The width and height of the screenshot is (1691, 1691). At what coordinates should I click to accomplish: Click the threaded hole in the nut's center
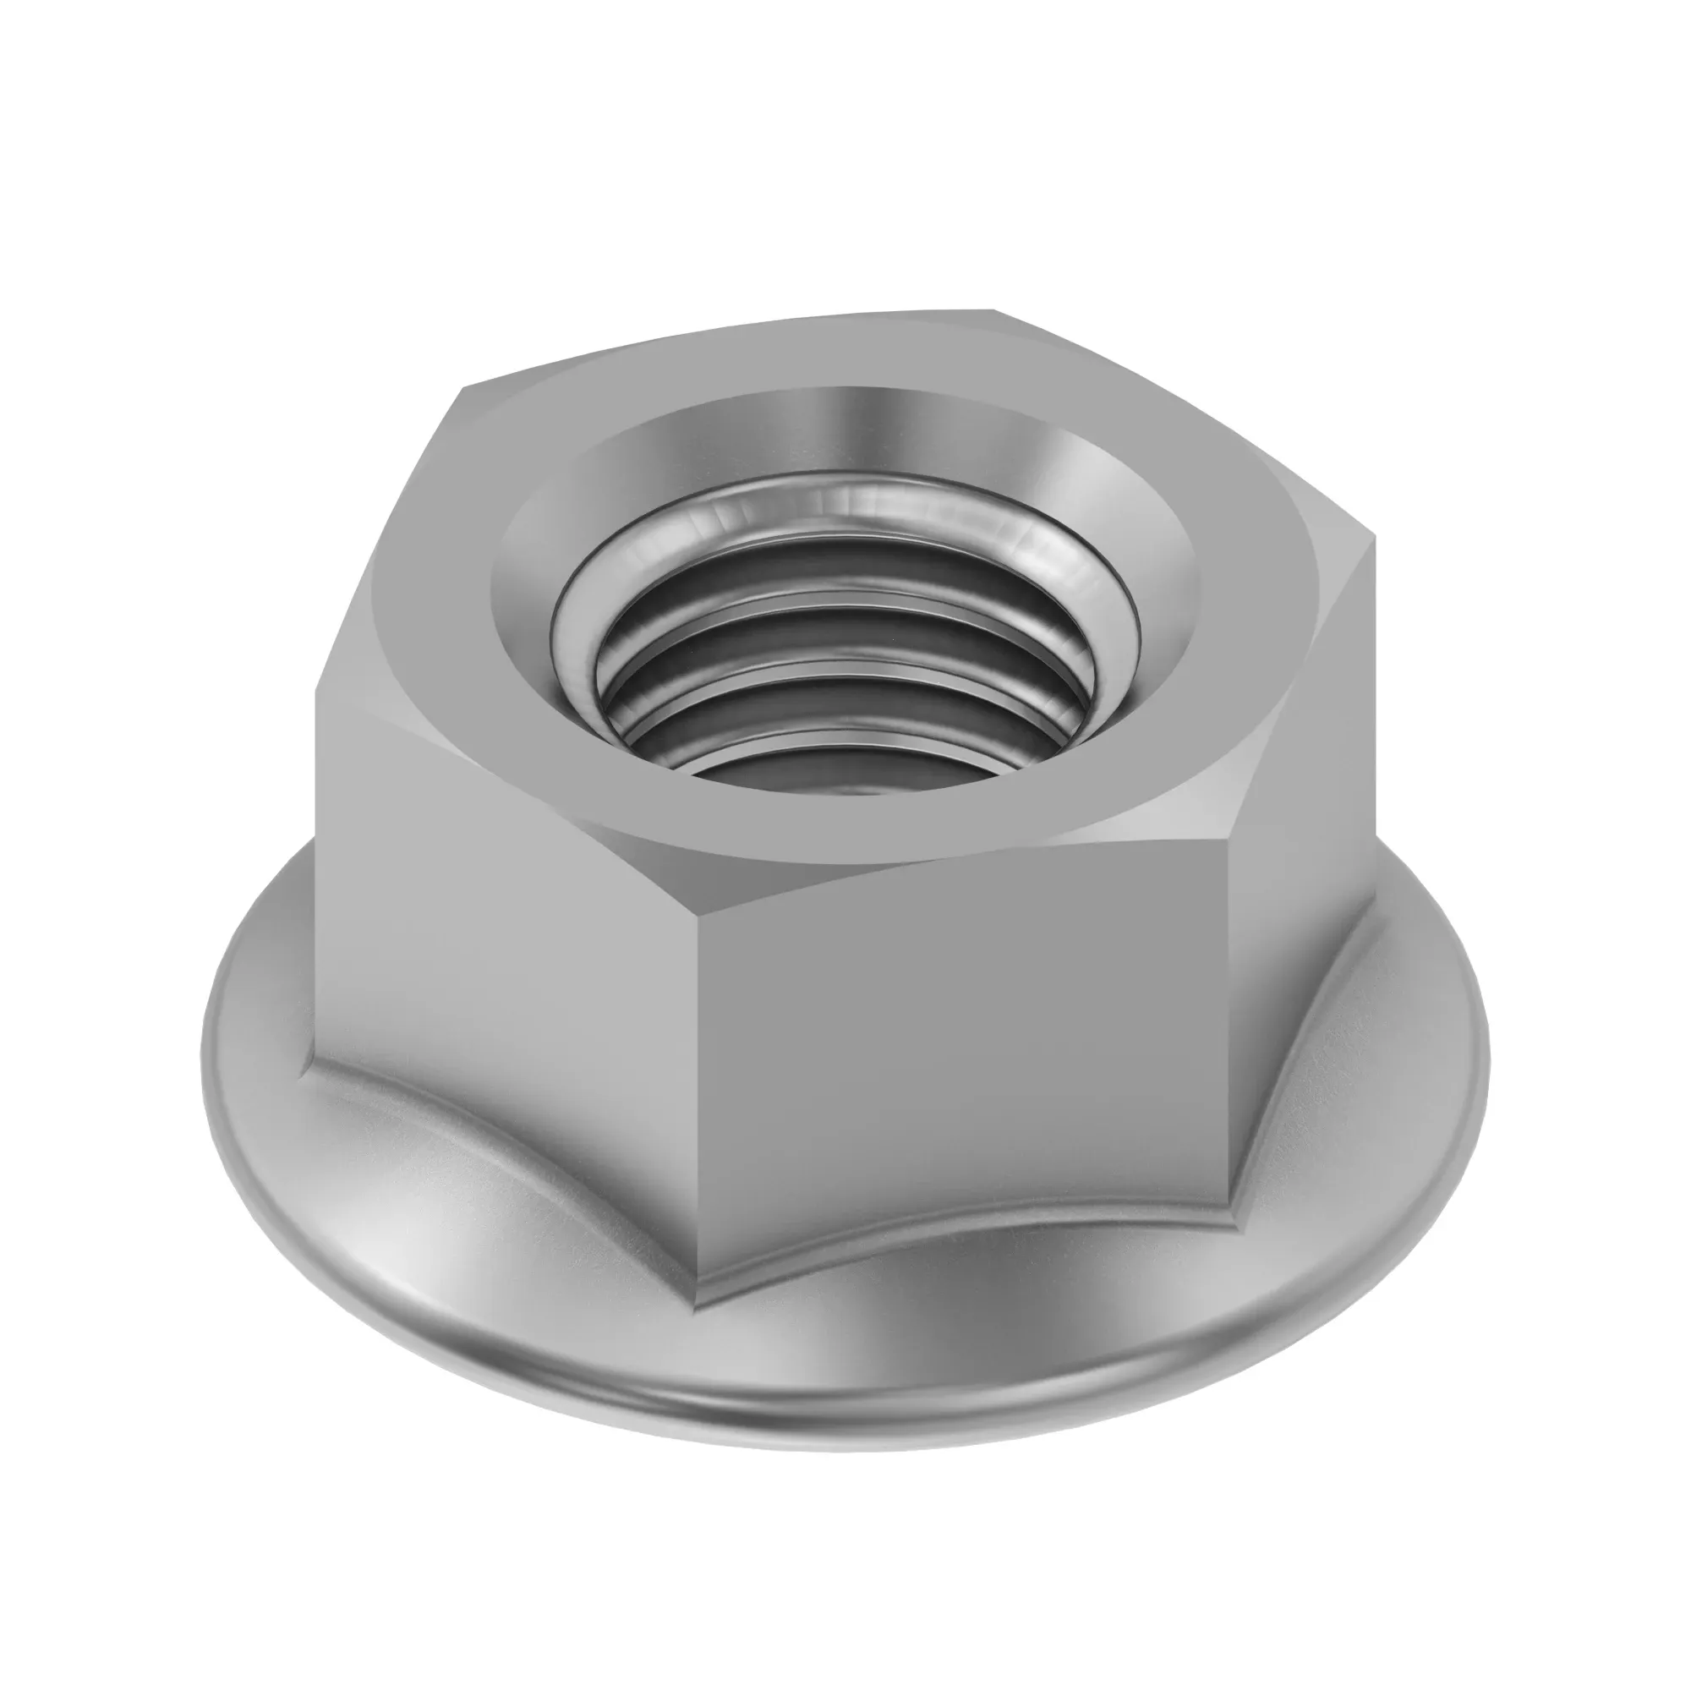pos(845,692)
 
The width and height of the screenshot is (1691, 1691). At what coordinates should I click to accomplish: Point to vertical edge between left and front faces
pos(698,1094)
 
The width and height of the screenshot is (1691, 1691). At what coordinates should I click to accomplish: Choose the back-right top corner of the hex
pos(993,309)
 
